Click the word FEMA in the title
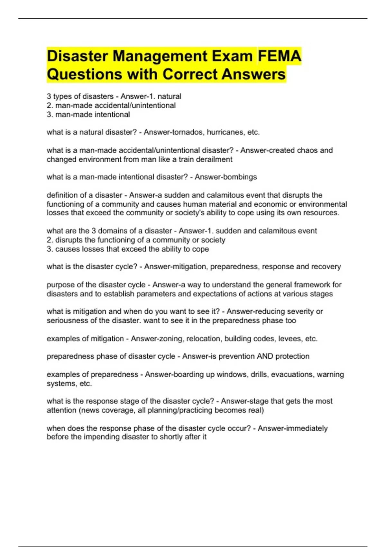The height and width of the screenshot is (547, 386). click(x=280, y=56)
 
